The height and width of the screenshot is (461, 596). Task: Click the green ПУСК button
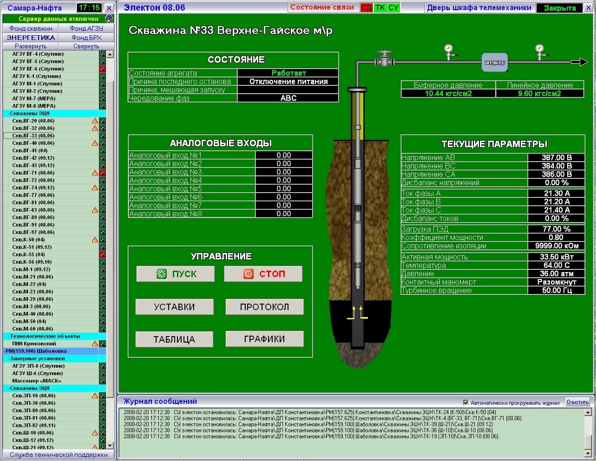tap(175, 273)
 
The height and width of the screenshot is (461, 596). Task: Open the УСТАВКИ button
tap(175, 307)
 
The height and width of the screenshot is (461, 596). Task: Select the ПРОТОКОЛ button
tap(264, 307)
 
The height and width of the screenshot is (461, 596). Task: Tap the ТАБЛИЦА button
tap(175, 339)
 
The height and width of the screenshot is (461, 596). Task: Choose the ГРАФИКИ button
tap(264, 339)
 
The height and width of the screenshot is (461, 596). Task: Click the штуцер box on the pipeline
tap(495, 62)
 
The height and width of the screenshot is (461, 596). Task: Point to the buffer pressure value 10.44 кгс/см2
tap(448, 93)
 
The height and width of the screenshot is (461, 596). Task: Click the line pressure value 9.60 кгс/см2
tap(539, 93)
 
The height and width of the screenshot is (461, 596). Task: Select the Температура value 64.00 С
tap(556, 265)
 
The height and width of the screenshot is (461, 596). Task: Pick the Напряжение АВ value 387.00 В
tap(556, 157)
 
